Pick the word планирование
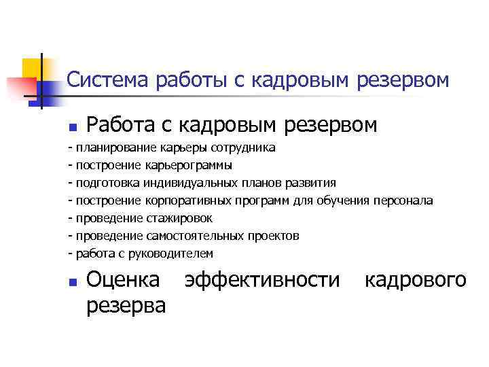[x=117, y=147]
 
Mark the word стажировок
[x=179, y=218]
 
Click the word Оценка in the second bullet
[x=124, y=279]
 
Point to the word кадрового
[x=416, y=279]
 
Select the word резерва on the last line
[x=126, y=305]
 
